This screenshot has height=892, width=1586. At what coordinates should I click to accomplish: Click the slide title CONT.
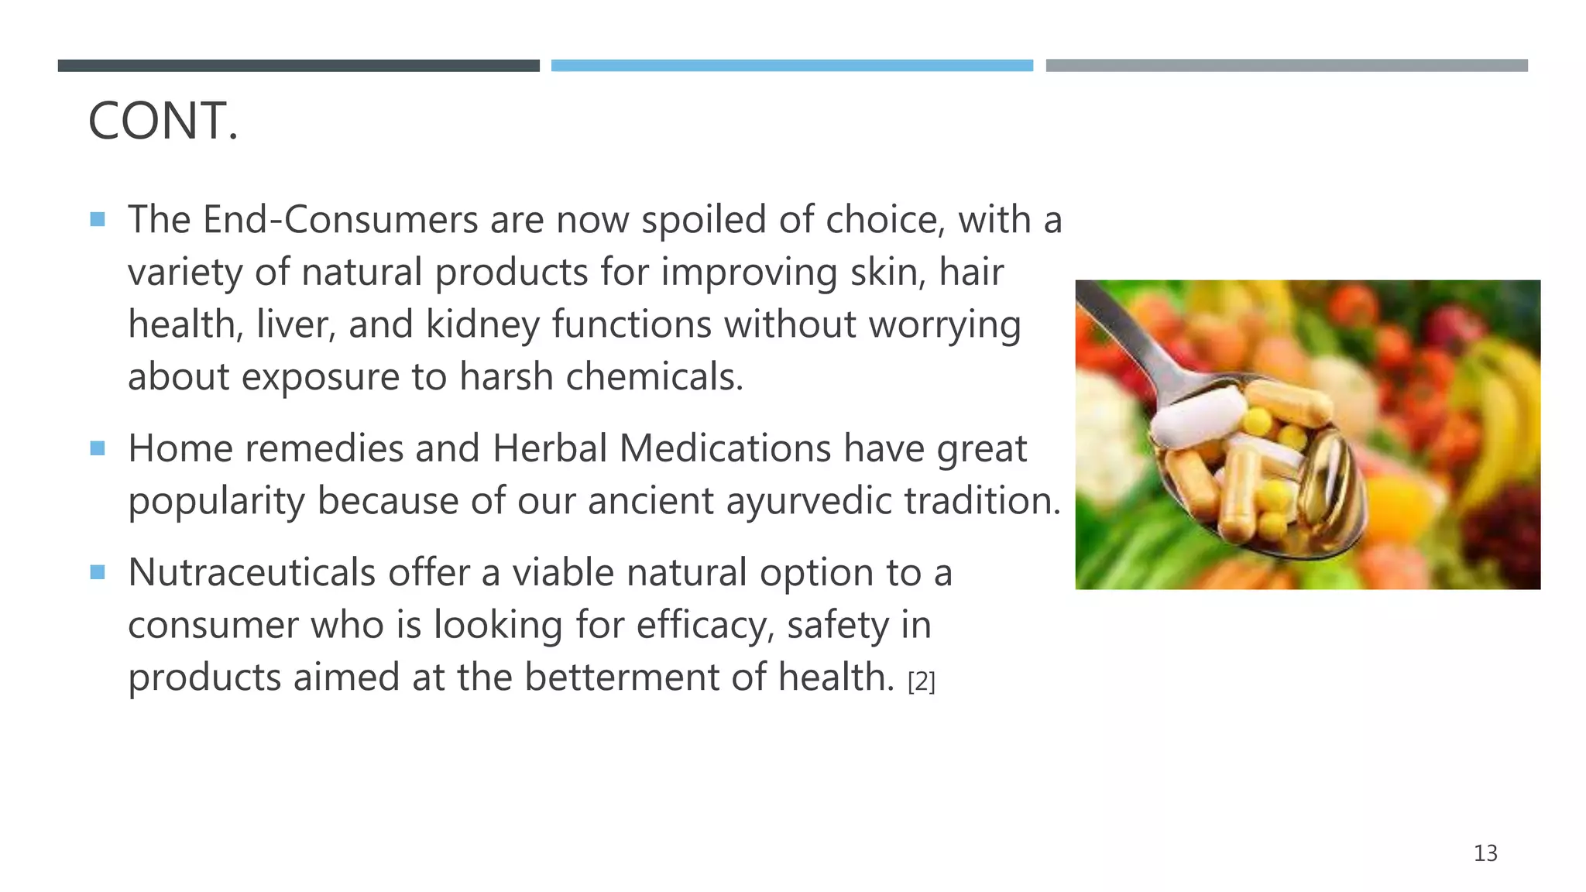pos(163,122)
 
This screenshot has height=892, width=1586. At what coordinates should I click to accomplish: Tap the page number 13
pos(1485,853)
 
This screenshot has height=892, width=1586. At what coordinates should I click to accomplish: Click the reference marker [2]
pos(921,682)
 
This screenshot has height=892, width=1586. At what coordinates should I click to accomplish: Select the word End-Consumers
pos(340,220)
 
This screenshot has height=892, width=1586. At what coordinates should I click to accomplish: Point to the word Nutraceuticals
pos(252,573)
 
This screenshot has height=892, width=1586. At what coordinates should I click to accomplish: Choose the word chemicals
pos(654,377)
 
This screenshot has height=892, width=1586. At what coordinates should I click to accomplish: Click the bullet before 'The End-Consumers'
pos(98,219)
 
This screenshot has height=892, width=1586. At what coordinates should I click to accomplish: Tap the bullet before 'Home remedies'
pos(98,448)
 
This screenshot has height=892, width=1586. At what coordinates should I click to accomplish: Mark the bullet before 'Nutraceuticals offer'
pos(98,572)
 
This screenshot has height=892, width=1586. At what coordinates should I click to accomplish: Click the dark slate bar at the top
pos(298,66)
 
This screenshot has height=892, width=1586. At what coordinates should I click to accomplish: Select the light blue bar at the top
pos(791,66)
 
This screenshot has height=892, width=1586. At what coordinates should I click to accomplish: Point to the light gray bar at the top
pos(1286,66)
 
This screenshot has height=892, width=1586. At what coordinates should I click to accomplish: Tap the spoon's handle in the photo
pos(1123,325)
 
